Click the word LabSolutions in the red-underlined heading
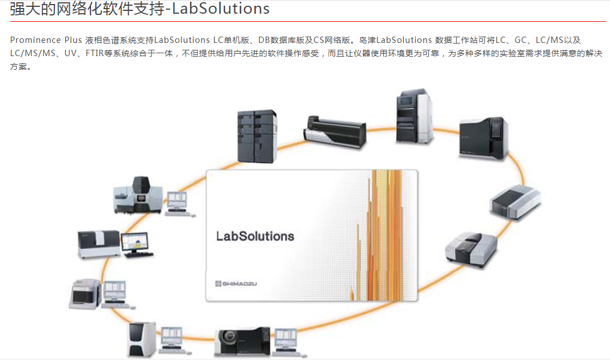pyautogui.click(x=221, y=9)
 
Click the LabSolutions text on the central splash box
pyautogui.click(x=255, y=236)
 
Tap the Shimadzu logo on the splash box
pyautogui.click(x=236, y=283)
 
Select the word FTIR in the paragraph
pyautogui.click(x=95, y=53)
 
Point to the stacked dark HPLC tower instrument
pyautogui.click(x=257, y=136)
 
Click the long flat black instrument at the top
pyautogui.click(x=334, y=132)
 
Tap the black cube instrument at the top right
pyautogui.click(x=483, y=137)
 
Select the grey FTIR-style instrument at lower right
pyautogui.click(x=471, y=249)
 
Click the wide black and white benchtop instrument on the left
pyautogui.click(x=99, y=244)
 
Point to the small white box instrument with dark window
pyautogui.click(x=85, y=294)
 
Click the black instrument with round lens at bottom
pyautogui.click(x=242, y=341)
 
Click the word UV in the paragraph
pyautogui.click(x=70, y=53)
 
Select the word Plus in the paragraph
pyautogui.click(x=73, y=40)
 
